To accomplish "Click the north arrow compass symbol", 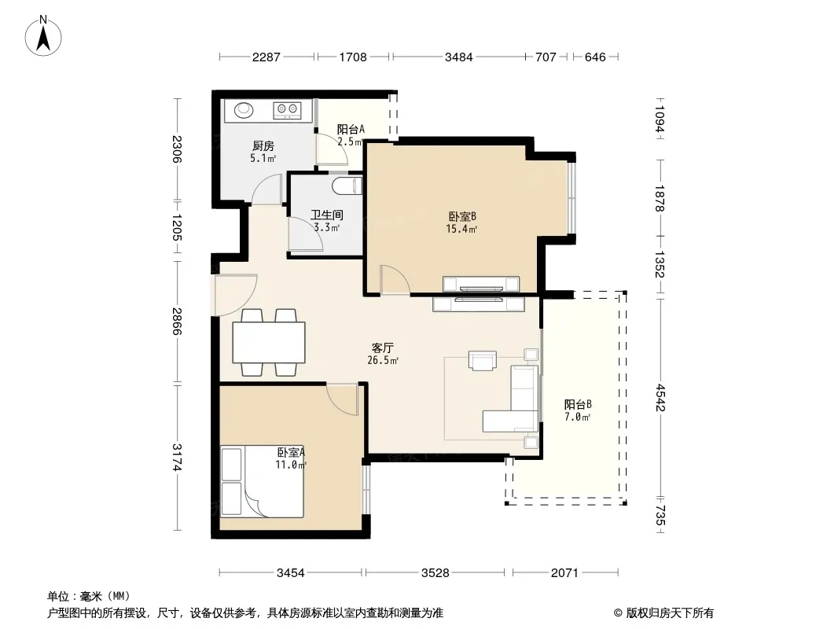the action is click(43, 36).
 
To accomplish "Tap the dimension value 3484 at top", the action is click(458, 57).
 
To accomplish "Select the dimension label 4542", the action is click(660, 398).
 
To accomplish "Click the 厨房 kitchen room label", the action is click(263, 145).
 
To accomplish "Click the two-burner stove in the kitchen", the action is click(287, 110).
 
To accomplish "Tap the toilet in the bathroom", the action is click(347, 186).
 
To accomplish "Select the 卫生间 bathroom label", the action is click(326, 215).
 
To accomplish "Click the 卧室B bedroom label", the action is click(461, 216).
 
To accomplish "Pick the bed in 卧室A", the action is click(262, 483).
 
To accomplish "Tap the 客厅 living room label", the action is click(383, 348).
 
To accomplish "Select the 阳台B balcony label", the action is click(578, 405).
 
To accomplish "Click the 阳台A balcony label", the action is click(351, 129).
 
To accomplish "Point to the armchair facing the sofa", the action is click(483, 359).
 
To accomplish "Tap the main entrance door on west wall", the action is click(235, 295).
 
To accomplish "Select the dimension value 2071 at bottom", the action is click(564, 573).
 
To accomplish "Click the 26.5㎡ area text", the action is click(383, 360).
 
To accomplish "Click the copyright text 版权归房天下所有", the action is click(670, 613).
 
